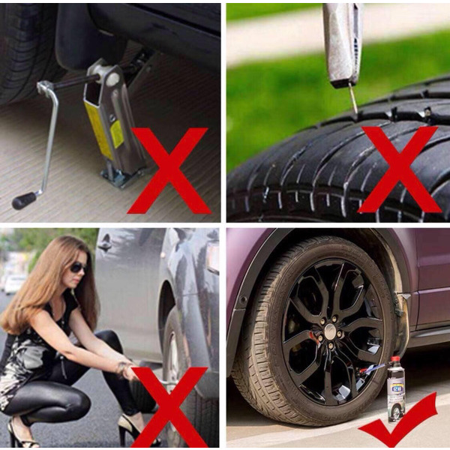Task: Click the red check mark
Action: [397, 423]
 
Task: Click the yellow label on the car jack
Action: [102, 127]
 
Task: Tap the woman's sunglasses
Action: [77, 268]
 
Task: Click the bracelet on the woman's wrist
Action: [121, 368]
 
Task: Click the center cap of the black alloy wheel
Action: [330, 331]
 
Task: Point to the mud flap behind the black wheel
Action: [405, 322]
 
